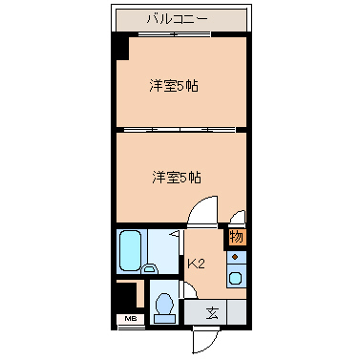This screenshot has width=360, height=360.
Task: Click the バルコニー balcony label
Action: point(180,18)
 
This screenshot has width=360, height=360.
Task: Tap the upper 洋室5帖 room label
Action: point(173,86)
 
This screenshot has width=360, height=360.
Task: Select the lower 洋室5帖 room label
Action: point(177,177)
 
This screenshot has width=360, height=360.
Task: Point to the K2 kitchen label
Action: point(196,264)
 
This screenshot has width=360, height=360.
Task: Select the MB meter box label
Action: point(125,317)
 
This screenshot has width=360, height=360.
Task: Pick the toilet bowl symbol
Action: point(163,307)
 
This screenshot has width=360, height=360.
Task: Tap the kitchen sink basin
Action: point(236,279)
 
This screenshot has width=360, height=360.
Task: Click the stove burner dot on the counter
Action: point(236,258)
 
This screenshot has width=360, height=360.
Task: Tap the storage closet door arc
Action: point(237,217)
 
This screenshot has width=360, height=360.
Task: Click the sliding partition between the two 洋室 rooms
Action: point(181,129)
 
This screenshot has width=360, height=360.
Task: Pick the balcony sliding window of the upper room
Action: point(181,35)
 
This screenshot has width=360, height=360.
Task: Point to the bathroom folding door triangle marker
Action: point(175,233)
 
